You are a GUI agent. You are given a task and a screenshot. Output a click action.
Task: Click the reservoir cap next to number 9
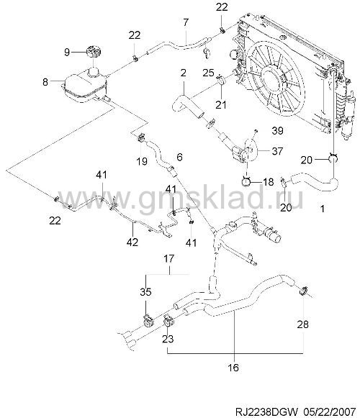click(93, 52)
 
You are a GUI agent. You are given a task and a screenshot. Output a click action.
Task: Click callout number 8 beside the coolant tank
click(45, 82)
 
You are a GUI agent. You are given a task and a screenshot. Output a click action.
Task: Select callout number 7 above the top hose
click(186, 22)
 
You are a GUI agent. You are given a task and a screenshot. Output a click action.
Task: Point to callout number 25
click(208, 73)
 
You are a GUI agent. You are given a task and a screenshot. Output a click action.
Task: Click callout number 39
click(277, 131)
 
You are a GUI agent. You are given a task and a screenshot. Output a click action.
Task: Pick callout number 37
click(277, 151)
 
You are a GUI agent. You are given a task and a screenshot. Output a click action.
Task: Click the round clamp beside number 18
click(246, 181)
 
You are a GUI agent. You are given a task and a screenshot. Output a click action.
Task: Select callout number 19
click(142, 161)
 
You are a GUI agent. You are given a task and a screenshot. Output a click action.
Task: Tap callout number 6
click(179, 157)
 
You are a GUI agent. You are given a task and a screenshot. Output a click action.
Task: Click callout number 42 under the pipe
click(132, 242)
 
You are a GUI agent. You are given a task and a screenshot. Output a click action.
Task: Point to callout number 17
click(168, 258)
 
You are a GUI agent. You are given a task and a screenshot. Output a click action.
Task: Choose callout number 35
click(145, 291)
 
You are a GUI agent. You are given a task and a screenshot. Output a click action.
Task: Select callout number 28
click(302, 324)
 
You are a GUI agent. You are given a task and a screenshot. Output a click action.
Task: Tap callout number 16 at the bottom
click(233, 368)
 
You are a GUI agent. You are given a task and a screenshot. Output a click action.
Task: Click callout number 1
click(323, 209)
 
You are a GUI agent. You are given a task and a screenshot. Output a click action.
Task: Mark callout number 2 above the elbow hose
click(183, 73)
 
